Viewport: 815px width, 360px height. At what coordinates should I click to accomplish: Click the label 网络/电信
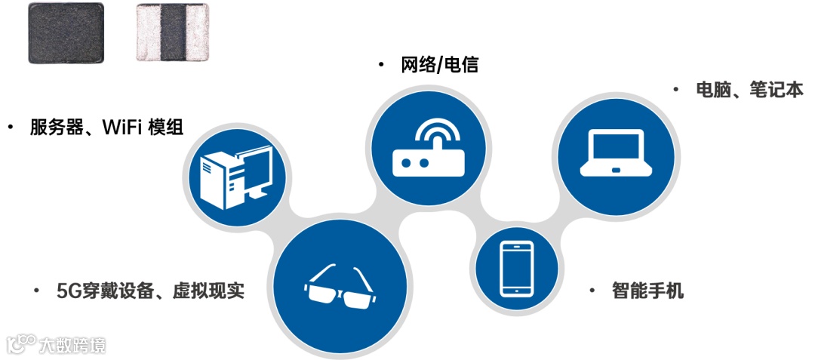[x=439, y=66]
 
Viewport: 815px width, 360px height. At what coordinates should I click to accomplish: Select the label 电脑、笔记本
[x=749, y=90]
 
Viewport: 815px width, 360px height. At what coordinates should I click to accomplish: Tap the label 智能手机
[x=647, y=291]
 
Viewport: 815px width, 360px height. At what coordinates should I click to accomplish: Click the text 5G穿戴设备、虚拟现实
[x=150, y=291]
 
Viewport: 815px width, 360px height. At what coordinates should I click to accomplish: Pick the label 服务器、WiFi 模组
[x=106, y=127]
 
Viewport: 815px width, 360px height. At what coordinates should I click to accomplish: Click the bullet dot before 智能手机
[x=594, y=291]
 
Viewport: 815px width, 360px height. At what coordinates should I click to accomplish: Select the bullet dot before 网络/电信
[x=382, y=66]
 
